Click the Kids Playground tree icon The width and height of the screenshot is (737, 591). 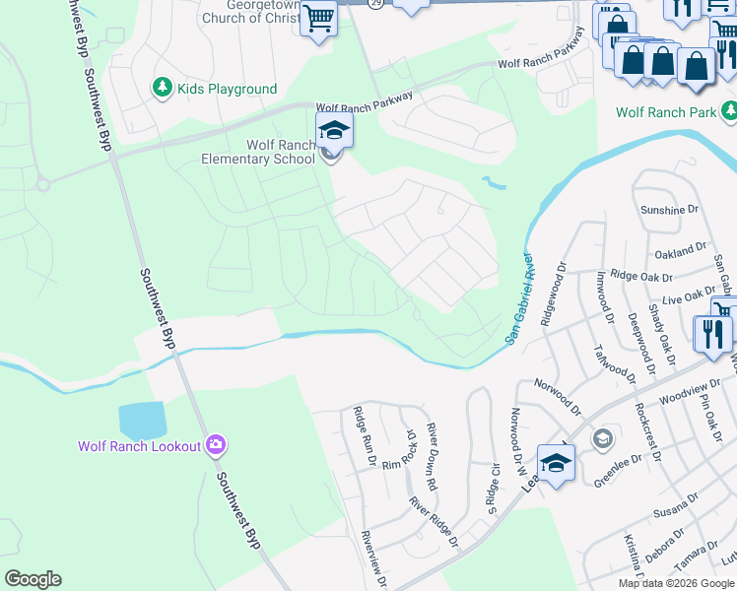(162, 89)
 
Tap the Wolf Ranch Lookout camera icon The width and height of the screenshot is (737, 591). (217, 446)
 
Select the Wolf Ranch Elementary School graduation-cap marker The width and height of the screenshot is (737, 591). (334, 130)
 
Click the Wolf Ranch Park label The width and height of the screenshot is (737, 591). (666, 112)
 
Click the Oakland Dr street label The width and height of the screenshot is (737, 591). (682, 250)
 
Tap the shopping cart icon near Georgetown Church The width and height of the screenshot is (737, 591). (318, 19)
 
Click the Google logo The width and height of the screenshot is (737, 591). (33, 579)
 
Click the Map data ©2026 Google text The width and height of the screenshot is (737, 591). (675, 583)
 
